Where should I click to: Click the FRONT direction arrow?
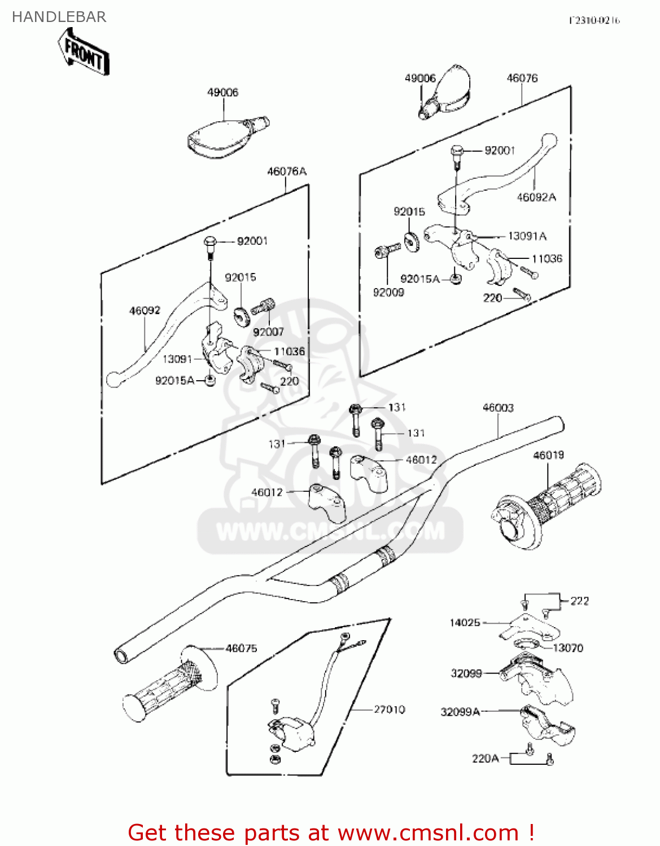point(84,52)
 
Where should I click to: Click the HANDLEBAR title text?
point(59,17)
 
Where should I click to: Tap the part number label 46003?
point(498,407)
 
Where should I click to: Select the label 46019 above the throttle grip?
point(548,455)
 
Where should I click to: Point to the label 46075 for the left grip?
point(241,648)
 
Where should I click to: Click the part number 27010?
point(389,709)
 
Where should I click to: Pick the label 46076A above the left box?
point(287,171)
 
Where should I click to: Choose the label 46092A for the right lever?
point(536,197)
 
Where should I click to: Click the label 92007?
point(268,332)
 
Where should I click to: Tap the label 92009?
point(388,292)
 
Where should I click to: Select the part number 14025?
point(465,622)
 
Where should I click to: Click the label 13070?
point(567,647)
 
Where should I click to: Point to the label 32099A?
point(460,712)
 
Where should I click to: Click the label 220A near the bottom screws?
point(486,758)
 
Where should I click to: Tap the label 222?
point(579,601)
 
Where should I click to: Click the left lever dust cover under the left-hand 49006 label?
point(226,135)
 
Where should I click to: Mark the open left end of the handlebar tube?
point(122,656)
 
